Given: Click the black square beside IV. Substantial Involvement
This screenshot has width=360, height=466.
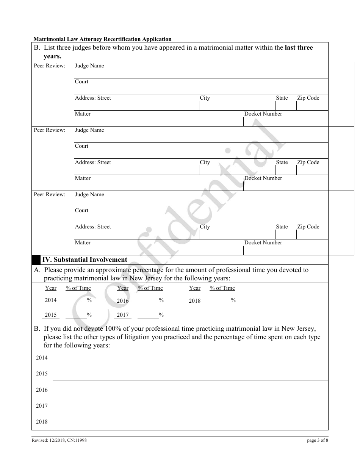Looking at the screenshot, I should click(x=36, y=260).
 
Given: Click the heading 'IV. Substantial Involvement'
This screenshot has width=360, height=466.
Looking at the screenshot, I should click(x=85, y=260).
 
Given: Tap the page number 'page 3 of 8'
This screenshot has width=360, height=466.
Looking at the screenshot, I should click(x=318, y=440).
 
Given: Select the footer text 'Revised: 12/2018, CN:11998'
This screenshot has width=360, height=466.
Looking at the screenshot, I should click(x=59, y=440).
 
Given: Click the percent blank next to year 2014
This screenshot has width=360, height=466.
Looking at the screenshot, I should click(x=76, y=300).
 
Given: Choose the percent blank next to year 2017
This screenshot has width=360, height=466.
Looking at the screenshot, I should click(x=148, y=315).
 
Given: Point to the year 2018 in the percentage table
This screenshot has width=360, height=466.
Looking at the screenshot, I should click(x=195, y=301).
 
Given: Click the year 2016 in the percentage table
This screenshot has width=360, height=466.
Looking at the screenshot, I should click(x=123, y=301).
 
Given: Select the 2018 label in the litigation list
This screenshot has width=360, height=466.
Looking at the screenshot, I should click(x=42, y=422).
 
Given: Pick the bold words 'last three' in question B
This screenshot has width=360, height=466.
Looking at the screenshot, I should click(x=299, y=48).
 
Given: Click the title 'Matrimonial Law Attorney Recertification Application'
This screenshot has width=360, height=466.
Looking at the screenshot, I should click(x=102, y=39).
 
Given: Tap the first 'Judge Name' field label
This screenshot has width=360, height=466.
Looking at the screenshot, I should click(x=89, y=66).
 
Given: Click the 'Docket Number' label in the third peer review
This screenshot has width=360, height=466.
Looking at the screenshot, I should click(x=263, y=243).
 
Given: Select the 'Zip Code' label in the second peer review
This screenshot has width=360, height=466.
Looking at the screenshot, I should click(x=308, y=163).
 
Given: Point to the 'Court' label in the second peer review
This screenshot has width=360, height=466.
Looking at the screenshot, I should click(x=81, y=146).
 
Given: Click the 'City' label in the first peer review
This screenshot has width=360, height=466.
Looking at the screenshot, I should click(x=205, y=98).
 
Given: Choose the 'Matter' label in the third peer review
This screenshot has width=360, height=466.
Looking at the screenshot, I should click(x=83, y=243).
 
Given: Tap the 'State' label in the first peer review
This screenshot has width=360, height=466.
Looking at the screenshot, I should click(x=282, y=98).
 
